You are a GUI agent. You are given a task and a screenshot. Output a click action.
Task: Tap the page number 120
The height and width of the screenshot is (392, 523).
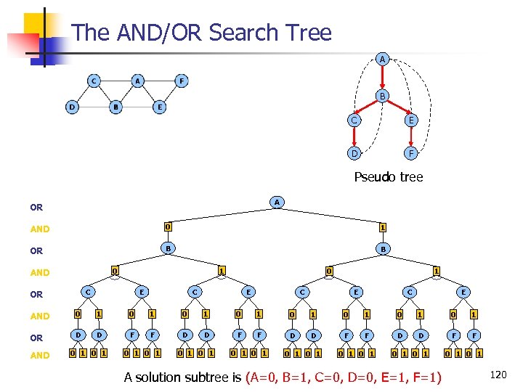(498, 375)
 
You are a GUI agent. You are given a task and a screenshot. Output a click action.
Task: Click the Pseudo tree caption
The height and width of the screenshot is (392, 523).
(388, 176)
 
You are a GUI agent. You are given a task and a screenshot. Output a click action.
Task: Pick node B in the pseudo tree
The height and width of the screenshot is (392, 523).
(382, 95)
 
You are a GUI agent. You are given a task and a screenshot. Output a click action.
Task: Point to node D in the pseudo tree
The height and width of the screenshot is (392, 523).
(353, 154)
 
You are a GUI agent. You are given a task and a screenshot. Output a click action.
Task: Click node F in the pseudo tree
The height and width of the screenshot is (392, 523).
(411, 154)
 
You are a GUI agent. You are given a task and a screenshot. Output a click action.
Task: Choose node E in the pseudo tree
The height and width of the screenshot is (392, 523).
(411, 121)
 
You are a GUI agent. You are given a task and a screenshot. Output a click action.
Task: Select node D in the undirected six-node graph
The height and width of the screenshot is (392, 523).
(71, 107)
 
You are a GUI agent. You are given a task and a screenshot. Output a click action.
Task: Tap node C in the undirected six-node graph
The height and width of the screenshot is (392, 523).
(94, 81)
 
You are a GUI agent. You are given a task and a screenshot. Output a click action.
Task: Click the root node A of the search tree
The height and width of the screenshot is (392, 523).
(276, 201)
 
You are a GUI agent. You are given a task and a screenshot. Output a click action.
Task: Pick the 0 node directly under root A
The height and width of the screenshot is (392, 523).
(167, 226)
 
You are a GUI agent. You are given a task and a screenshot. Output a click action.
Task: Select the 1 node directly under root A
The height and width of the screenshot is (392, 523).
(382, 226)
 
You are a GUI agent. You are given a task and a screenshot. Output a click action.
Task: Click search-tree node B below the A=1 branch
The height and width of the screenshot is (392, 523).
(382, 248)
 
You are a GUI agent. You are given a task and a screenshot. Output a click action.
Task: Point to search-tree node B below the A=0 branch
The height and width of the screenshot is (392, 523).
(167, 248)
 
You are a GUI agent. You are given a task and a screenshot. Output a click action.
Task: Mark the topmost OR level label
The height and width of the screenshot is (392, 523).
(36, 208)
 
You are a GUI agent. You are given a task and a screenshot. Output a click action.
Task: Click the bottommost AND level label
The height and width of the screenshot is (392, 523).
(40, 355)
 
